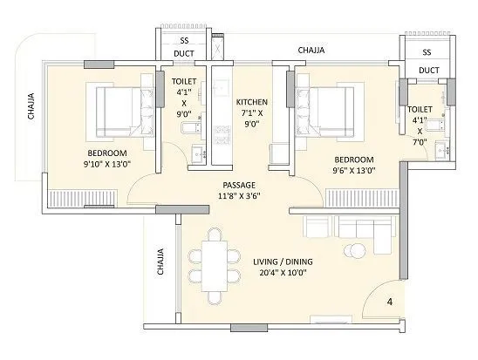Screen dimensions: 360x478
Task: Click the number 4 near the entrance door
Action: click(x=389, y=303)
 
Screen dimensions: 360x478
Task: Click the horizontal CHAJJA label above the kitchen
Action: click(x=311, y=51)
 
